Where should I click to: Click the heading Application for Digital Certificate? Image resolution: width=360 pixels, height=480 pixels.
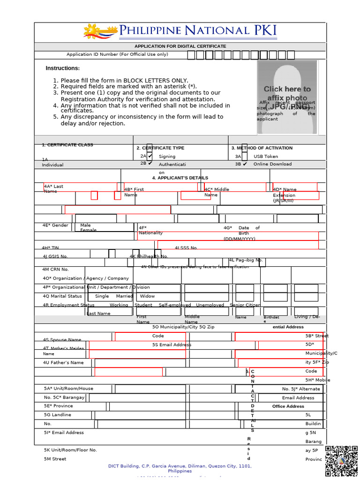(180, 46)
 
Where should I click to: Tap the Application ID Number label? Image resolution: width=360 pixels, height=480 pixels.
(117, 54)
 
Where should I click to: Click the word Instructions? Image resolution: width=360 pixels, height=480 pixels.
(62, 68)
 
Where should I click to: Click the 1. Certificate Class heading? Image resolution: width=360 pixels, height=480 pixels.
(67, 145)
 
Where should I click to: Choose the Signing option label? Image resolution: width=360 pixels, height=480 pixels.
(167, 157)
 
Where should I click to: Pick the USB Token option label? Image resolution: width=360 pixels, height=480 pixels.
(265, 157)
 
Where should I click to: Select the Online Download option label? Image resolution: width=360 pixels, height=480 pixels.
(272, 164)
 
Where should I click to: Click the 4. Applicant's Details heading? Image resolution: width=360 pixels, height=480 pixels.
(180, 178)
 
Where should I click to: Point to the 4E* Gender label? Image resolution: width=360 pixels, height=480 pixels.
(55, 225)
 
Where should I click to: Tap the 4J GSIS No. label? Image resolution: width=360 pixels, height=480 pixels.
(55, 256)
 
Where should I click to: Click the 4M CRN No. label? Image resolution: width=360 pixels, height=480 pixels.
(56, 270)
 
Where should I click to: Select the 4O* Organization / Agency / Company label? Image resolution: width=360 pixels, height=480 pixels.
(85, 278)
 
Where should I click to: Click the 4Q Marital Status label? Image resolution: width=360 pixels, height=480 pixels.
(62, 296)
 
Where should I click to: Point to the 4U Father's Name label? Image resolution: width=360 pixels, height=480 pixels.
(63, 363)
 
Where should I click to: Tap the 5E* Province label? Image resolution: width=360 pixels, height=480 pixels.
(59, 406)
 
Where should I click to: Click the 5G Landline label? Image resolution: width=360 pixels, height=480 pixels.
(58, 415)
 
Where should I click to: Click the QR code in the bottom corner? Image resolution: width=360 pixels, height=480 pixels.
(341, 461)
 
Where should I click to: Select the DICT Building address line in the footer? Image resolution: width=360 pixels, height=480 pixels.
(180, 466)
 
